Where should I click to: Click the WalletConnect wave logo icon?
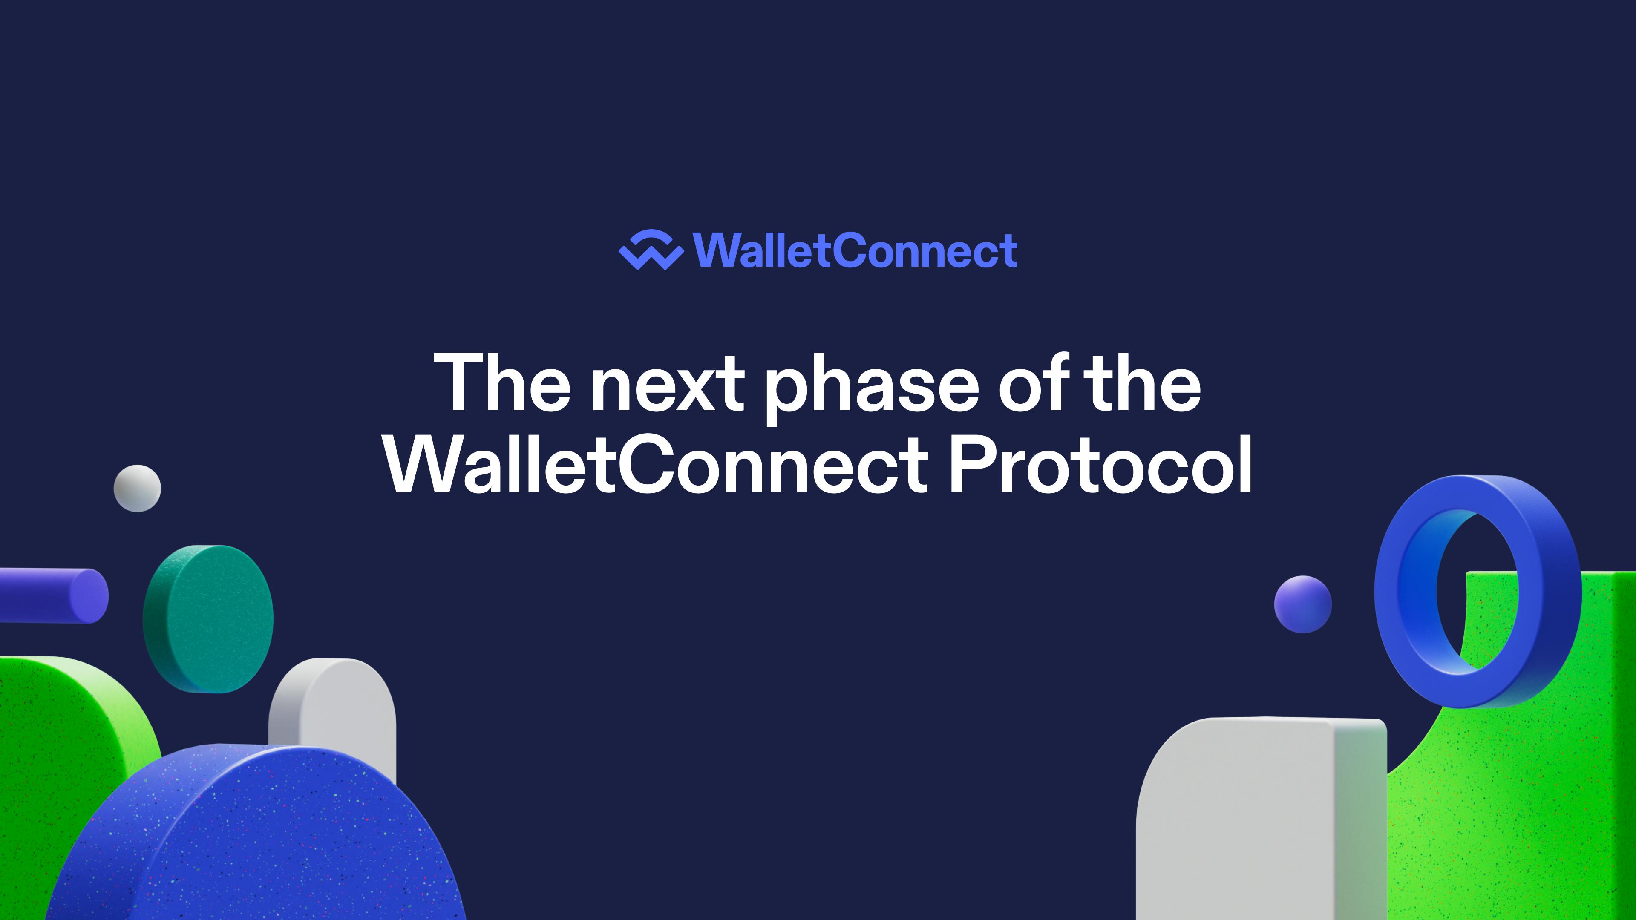(x=651, y=250)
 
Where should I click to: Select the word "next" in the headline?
(x=667, y=387)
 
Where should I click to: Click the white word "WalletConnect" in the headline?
(x=657, y=463)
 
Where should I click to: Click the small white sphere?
(x=137, y=488)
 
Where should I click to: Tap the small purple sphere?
(x=1302, y=604)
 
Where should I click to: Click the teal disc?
(x=208, y=618)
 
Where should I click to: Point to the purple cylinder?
(x=54, y=595)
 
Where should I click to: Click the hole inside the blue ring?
(x=1477, y=590)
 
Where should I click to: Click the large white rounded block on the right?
(x=1261, y=819)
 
